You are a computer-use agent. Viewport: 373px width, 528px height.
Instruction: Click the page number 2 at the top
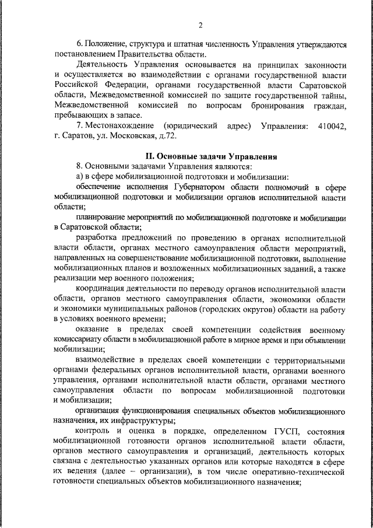(200, 25)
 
